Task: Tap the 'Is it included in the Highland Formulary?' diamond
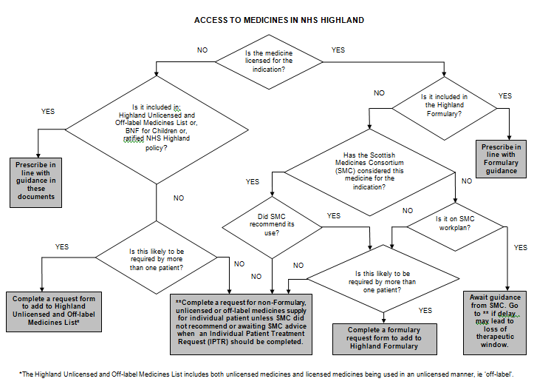click(443, 105)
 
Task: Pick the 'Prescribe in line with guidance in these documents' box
click(37, 179)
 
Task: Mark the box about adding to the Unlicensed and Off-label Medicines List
click(53, 309)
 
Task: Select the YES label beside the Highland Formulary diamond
click(505, 95)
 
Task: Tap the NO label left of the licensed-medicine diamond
click(202, 50)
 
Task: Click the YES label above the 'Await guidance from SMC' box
click(520, 247)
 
